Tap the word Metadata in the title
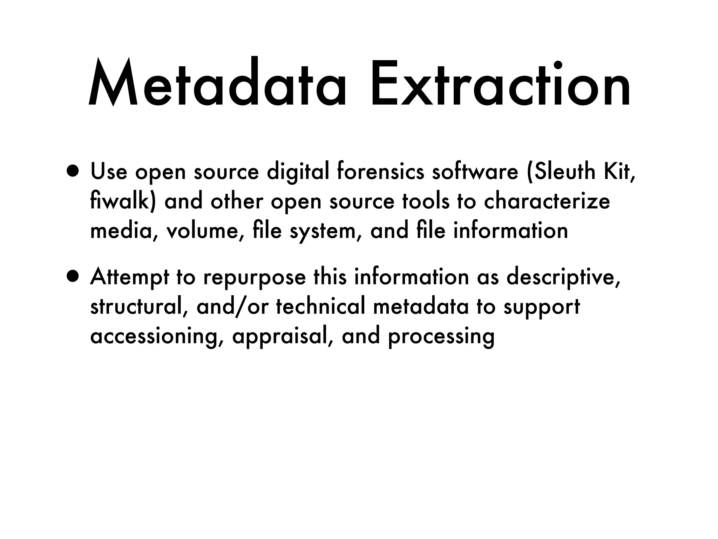pyautogui.click(x=217, y=84)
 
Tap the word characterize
pyautogui.click(x=547, y=201)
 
